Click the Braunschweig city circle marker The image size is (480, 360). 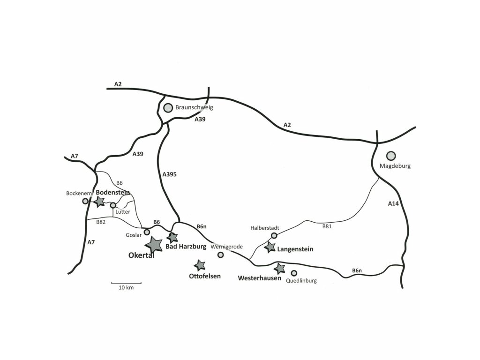pos(168,108)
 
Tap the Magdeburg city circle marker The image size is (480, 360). pos(390,156)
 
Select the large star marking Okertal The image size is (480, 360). pos(154,244)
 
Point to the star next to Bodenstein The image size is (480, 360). pos(99,202)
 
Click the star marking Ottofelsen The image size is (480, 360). pos(200,265)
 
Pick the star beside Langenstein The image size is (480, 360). pos(270,247)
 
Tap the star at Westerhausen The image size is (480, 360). pos(279,269)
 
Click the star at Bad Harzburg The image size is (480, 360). pos(173,238)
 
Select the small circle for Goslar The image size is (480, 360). pos(147,232)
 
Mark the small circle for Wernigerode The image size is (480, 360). pos(221,255)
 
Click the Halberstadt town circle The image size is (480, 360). pos(274,235)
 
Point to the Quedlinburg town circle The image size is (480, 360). pos(294,273)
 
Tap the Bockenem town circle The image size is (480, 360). pos(85,201)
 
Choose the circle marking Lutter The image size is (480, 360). pos(113,205)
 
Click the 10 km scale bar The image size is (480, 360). pos(126,283)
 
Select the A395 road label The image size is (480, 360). pos(170,174)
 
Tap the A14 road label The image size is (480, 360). pos(394,203)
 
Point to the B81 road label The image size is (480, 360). pos(327,226)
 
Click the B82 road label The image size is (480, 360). pos(101,222)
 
